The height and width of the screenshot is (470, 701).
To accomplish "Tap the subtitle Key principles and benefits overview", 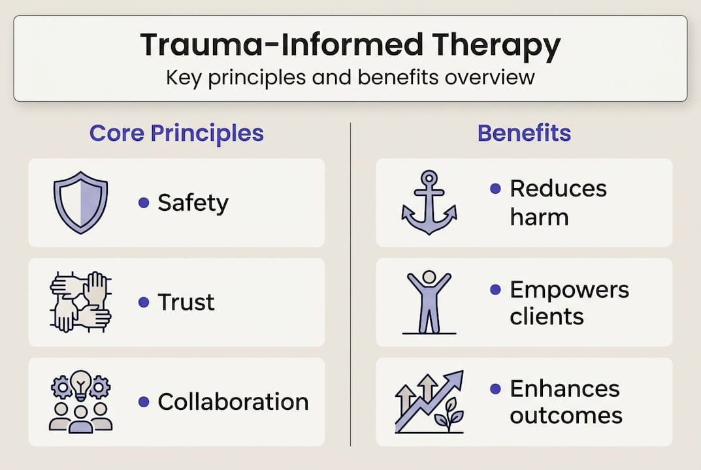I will pyautogui.click(x=350, y=77).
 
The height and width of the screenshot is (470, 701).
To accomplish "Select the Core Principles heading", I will pyautogui.click(x=176, y=133).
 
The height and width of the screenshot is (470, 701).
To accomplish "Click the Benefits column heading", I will pyautogui.click(x=524, y=133).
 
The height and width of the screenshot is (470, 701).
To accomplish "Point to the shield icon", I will pyautogui.click(x=80, y=202).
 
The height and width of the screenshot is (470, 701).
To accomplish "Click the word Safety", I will pyautogui.click(x=193, y=203).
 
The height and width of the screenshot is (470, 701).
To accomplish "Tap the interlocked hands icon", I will pyautogui.click(x=80, y=302).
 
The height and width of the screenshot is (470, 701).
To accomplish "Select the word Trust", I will pyautogui.click(x=186, y=302).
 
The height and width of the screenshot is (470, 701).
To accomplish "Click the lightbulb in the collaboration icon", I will pyautogui.click(x=80, y=383).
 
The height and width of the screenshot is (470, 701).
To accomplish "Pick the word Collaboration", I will pyautogui.click(x=233, y=401).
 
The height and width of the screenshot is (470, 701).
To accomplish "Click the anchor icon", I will pyautogui.click(x=429, y=202).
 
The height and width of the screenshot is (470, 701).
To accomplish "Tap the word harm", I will pyautogui.click(x=539, y=217).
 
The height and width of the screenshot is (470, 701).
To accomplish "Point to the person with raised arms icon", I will pyautogui.click(x=429, y=302).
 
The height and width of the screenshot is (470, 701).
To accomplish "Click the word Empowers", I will pyautogui.click(x=569, y=289).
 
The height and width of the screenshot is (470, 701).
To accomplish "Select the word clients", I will pyautogui.click(x=547, y=317).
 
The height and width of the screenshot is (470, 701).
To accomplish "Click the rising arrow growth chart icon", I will pyautogui.click(x=429, y=401).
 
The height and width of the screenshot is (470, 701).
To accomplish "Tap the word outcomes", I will pyautogui.click(x=566, y=416).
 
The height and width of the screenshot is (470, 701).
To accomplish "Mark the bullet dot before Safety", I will pyautogui.click(x=144, y=203).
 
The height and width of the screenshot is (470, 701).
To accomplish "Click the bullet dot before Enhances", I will pyautogui.click(x=495, y=388).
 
